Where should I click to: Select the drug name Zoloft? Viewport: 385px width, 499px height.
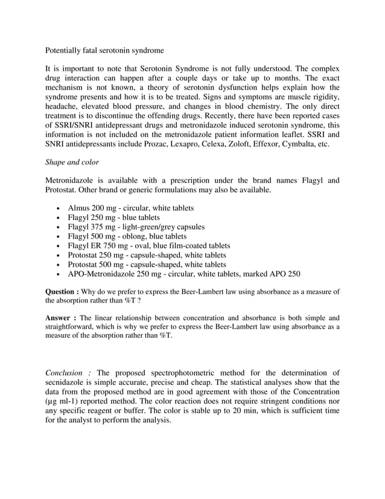[x=249, y=146]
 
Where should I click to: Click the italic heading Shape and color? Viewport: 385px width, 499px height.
[x=72, y=163]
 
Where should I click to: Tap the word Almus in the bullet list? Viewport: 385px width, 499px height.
[x=79, y=208]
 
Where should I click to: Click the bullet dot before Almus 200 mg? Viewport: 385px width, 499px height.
[x=56, y=208]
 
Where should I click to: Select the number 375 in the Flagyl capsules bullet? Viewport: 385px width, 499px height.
[x=101, y=227]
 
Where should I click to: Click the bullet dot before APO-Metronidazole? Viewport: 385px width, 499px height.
[x=56, y=275]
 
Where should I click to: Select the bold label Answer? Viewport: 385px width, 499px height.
[x=60, y=317]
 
